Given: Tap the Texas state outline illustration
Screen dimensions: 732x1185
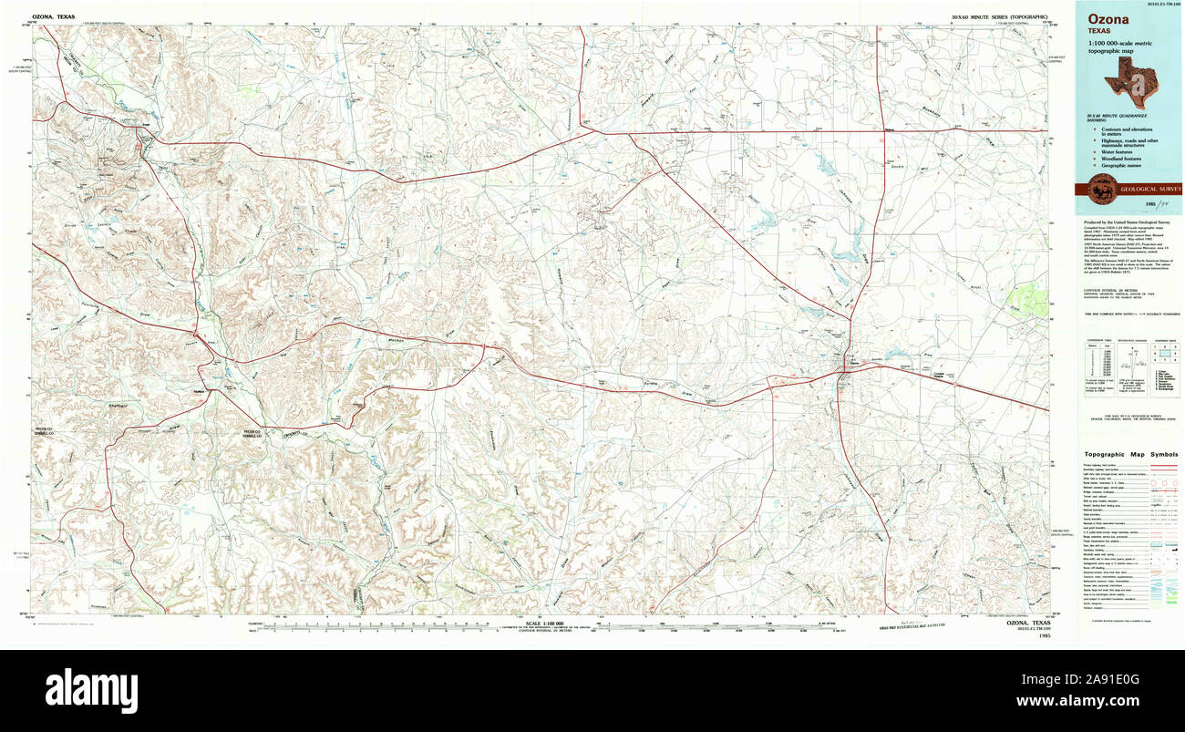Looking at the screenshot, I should (x=1129, y=82).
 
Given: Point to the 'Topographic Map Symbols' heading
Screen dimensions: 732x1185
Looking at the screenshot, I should (x=1130, y=454).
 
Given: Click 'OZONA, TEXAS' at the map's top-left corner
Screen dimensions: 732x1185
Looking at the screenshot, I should (x=54, y=17).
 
